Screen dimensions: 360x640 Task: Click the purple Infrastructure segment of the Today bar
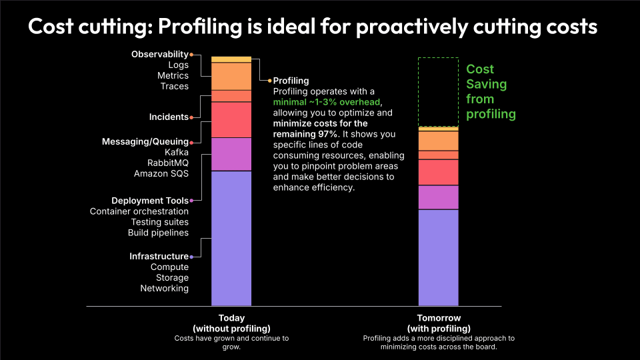coord(231,238)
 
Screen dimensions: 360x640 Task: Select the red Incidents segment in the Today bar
coord(231,119)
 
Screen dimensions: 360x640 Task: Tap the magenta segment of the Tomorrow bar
coord(438,197)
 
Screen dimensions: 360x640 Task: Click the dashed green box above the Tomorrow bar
coord(438,91)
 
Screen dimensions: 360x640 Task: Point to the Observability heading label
coord(159,54)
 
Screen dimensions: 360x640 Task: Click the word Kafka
coord(176,153)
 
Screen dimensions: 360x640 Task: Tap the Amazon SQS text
coord(161,174)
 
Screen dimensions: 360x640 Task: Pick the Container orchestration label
coord(139,211)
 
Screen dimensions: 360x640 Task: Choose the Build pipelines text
coord(158,233)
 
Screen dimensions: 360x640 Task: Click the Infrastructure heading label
coord(159,257)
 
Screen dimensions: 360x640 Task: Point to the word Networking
coord(164,289)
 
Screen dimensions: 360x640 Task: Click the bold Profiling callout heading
coord(291,81)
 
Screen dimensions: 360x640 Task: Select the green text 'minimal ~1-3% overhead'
coord(326,102)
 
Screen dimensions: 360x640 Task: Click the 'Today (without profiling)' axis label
coord(231,323)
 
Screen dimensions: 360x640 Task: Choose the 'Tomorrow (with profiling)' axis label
coord(438,323)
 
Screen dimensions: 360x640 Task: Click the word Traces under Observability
coord(174,86)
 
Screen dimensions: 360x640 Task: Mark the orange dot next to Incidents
coord(191,117)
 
